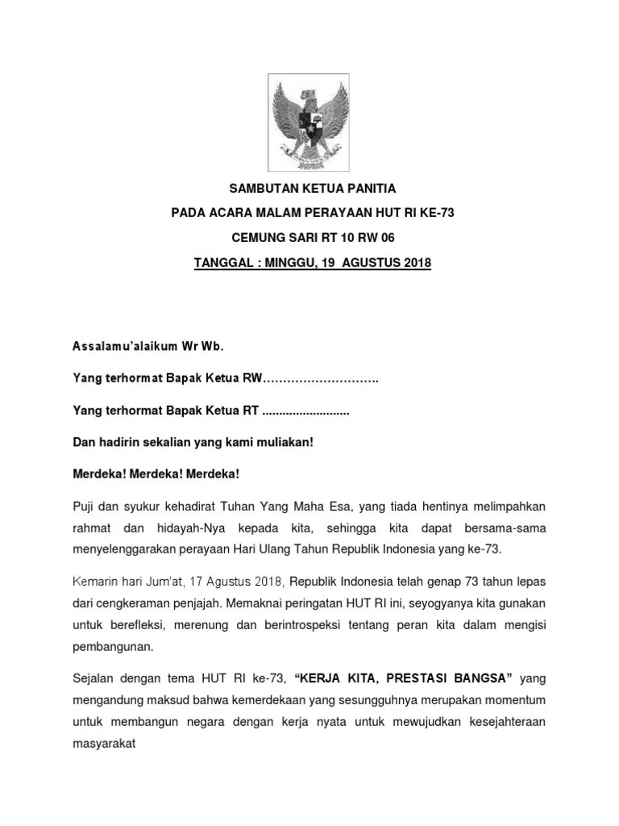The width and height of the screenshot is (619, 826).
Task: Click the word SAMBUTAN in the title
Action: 258,190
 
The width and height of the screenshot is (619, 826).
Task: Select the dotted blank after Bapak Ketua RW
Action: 322,378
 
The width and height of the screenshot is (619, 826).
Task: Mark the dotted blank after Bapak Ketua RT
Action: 306,411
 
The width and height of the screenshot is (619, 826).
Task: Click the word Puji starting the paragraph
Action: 85,506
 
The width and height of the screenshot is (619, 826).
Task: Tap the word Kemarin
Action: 96,582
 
